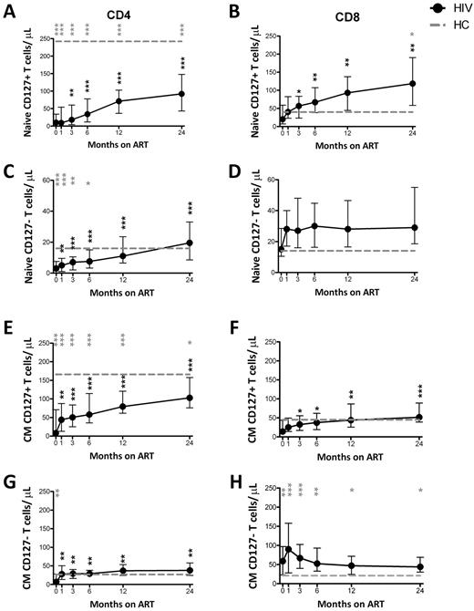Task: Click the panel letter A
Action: [7, 10]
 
